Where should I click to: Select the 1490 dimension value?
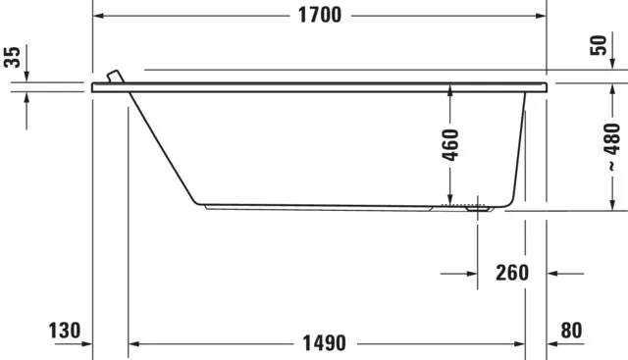pyautogui.click(x=324, y=343)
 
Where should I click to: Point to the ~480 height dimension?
pyautogui.click(x=611, y=148)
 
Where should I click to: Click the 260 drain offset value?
pyautogui.click(x=511, y=273)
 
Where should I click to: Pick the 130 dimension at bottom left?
pyautogui.click(x=65, y=331)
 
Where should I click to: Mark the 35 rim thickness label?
pyautogui.click(x=13, y=56)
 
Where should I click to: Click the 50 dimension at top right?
pyautogui.click(x=601, y=45)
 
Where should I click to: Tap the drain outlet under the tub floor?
pyautogui.click(x=479, y=207)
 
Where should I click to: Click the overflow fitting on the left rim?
pyautogui.click(x=115, y=78)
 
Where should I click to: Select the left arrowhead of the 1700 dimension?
pyautogui.click(x=99, y=16)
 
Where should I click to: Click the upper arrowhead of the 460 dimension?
pyautogui.click(x=450, y=90)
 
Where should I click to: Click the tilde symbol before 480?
pyautogui.click(x=611, y=177)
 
